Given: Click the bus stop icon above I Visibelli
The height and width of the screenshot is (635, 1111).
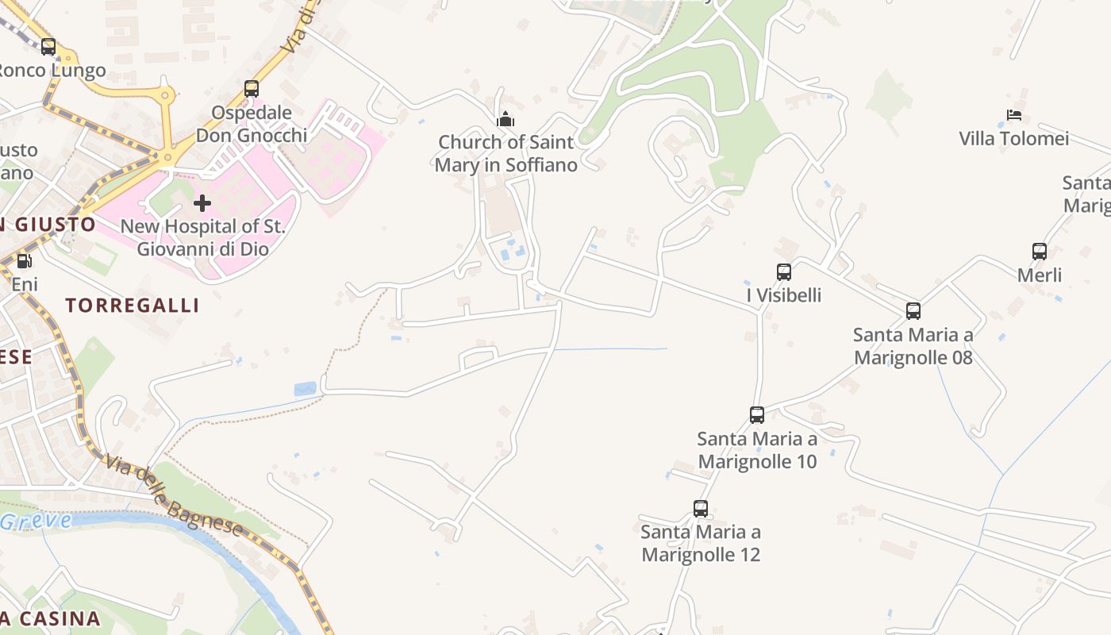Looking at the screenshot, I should coord(784,272).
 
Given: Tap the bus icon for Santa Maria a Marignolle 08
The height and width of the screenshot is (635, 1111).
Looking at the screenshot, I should coord(913,311).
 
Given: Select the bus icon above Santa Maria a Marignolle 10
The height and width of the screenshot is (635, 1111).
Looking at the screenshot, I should coord(757,414).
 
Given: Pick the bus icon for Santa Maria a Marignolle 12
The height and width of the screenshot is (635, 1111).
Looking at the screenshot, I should coord(701,509).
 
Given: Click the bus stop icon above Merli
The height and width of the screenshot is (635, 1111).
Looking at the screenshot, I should coord(1040,252).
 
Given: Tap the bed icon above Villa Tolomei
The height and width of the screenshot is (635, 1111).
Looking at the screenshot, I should coord(1014,115).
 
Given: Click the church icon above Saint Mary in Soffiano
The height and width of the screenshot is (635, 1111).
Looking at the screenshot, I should coord(506,120).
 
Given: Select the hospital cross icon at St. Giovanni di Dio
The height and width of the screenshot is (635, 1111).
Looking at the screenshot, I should coord(202,203).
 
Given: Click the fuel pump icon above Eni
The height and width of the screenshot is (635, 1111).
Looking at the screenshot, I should coord(25,260).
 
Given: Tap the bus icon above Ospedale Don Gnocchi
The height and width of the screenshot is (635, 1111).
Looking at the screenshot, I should coord(252,89).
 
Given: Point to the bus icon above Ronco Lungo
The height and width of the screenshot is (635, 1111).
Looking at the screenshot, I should coord(48,47).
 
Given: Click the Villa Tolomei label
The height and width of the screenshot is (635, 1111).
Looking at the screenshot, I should coord(1014,139).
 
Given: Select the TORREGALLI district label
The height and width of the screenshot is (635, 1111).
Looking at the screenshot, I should coord(132,306).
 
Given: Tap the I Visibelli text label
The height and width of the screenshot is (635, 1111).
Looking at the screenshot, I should coord(784,296).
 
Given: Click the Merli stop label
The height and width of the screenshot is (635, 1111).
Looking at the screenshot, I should coord(1040,275).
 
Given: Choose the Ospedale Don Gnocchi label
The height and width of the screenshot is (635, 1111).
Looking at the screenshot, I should coord(252,124).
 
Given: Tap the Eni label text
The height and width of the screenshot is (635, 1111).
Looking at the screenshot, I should coord(25,284).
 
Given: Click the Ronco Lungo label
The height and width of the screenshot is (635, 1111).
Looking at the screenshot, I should coord(52,71).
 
